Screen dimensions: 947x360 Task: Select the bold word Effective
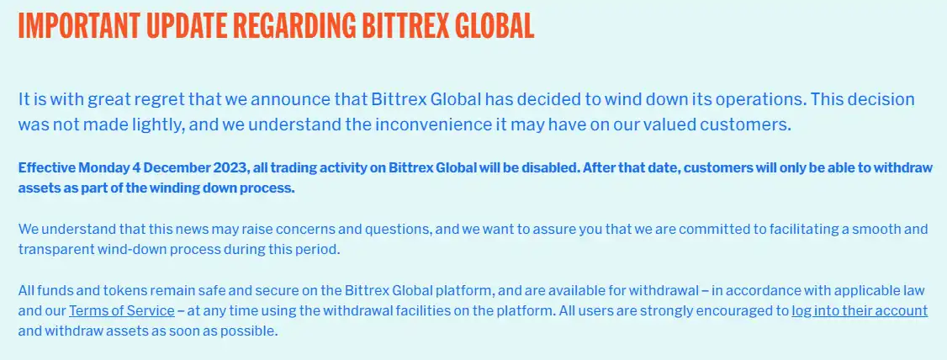[x=46, y=167]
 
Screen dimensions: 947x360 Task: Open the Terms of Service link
[x=122, y=310]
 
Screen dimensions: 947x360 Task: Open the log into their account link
[x=860, y=310]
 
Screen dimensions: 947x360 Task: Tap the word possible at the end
[x=254, y=331]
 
